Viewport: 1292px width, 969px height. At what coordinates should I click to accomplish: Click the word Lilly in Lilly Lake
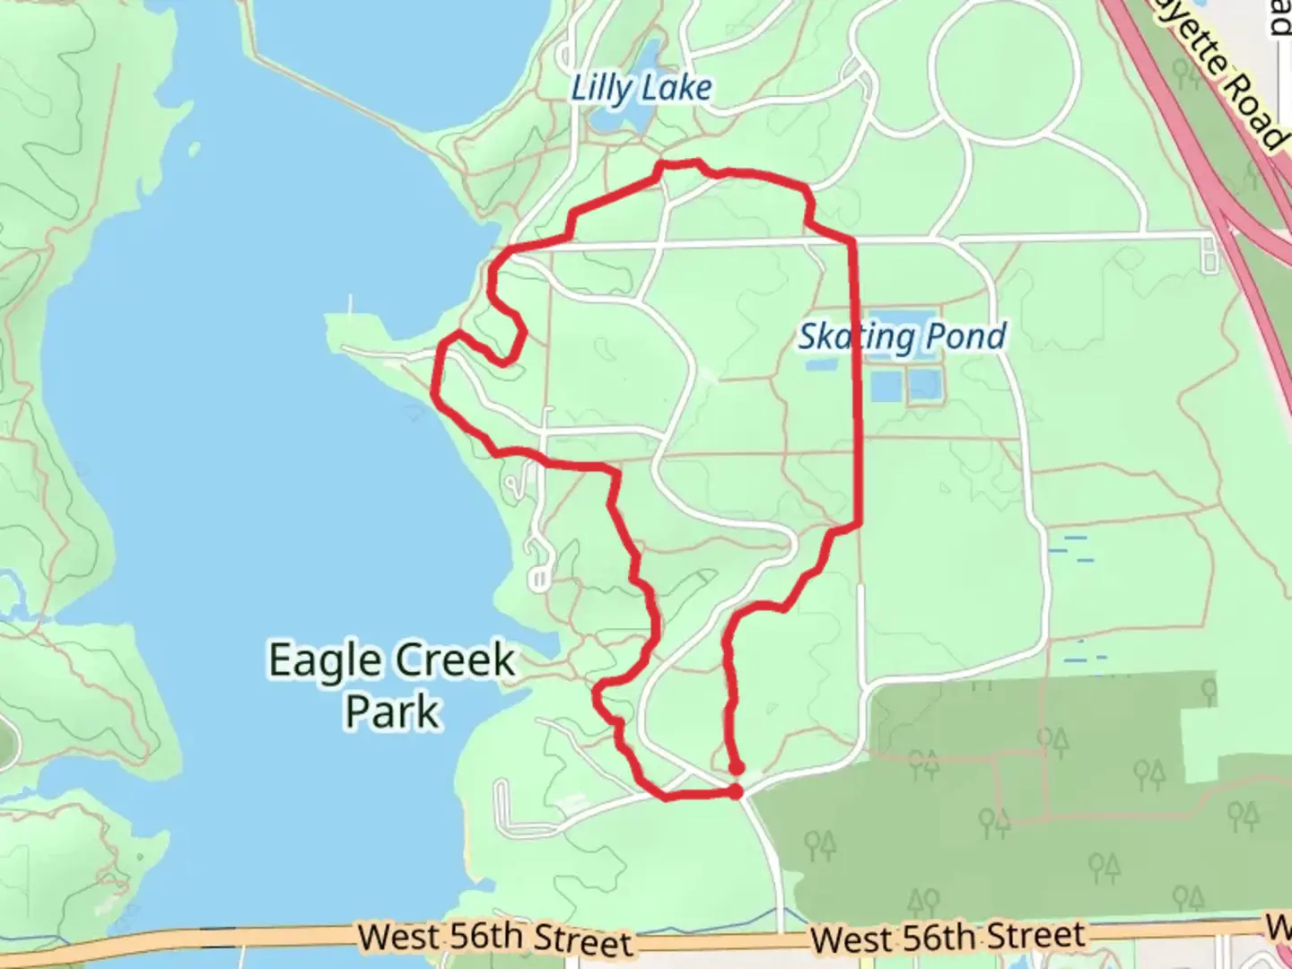point(601,88)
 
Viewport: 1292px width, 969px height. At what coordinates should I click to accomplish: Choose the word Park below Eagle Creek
point(392,711)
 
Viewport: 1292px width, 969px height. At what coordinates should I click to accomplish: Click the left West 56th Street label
point(495,939)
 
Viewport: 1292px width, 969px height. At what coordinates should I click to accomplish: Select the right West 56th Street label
point(947,938)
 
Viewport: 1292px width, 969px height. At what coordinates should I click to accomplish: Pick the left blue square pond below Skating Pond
point(886,387)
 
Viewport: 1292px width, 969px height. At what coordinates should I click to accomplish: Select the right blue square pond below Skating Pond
point(924,387)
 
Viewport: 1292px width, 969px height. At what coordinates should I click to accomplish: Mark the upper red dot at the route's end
point(737,768)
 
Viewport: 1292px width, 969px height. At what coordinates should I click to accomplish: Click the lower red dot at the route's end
point(736,791)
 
